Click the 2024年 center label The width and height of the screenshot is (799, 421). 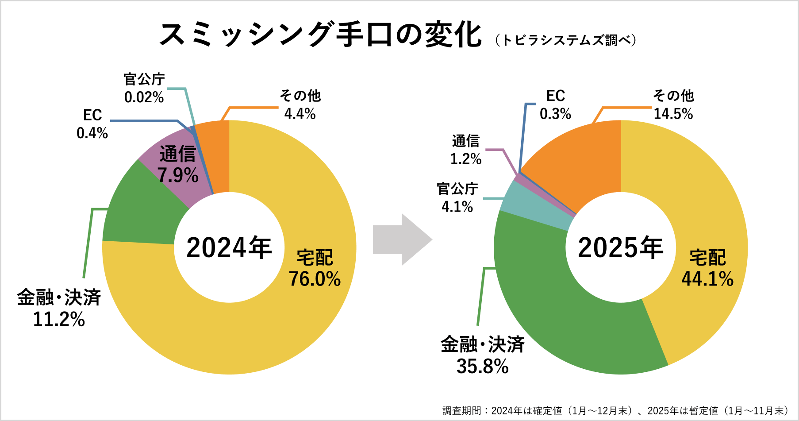(x=229, y=247)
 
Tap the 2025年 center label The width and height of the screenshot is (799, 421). (x=620, y=247)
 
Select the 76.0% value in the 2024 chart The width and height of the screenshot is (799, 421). (x=315, y=279)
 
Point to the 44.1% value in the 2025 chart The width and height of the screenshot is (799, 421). (x=707, y=279)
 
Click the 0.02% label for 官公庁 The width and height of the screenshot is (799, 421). (x=144, y=97)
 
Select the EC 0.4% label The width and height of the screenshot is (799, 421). (x=92, y=124)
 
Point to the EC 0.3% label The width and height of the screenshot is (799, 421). (x=556, y=105)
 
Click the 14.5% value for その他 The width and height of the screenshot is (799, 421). (x=673, y=114)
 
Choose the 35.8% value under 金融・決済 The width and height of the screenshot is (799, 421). (x=483, y=367)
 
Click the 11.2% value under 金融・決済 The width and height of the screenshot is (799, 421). (x=59, y=319)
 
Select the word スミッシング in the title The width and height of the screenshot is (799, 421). (x=246, y=35)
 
